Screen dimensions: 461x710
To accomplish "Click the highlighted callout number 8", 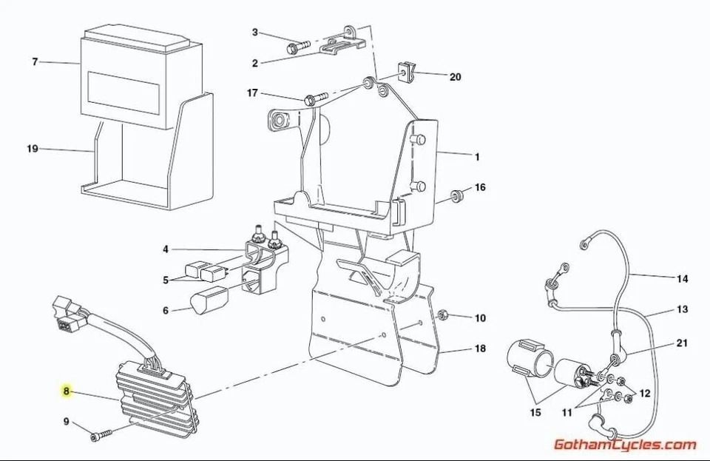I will point(66,391).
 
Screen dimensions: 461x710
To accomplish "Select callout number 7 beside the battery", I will point(34,62).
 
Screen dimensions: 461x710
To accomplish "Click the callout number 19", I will point(32,149).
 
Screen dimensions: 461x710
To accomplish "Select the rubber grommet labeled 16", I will point(457,195).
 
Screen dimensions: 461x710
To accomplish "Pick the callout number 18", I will point(480,348).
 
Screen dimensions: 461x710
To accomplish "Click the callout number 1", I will point(477,157).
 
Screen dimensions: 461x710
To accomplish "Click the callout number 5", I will point(166,280).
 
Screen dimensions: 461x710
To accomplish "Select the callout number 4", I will point(166,249).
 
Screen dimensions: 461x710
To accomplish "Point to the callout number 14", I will point(682,279).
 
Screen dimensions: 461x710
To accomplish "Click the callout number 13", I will point(682,309).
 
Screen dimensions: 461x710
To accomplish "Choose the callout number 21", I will point(682,343).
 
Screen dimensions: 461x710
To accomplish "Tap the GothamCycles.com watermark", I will point(625,445).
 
